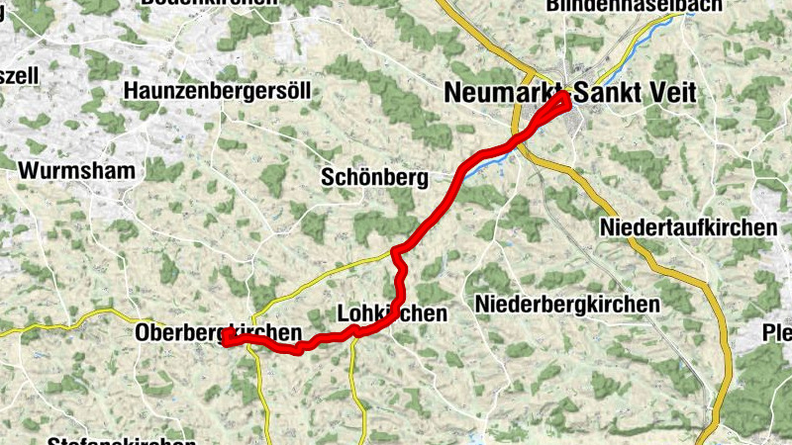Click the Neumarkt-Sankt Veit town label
click(x=570, y=93)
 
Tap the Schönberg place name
click(x=374, y=178)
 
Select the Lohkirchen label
click(x=392, y=312)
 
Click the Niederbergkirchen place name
click(x=567, y=304)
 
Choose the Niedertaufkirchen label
click(x=688, y=228)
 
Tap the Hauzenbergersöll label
click(x=218, y=92)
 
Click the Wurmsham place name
click(x=76, y=170)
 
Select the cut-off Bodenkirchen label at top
click(x=210, y=4)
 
